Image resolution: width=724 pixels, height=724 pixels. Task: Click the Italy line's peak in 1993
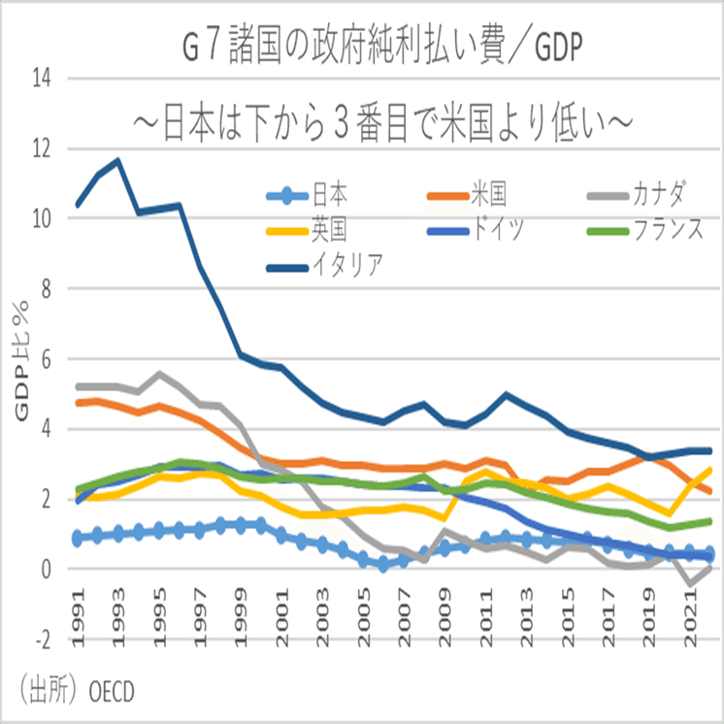coord(118,160)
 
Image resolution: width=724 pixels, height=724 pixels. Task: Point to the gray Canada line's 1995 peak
coord(160,374)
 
